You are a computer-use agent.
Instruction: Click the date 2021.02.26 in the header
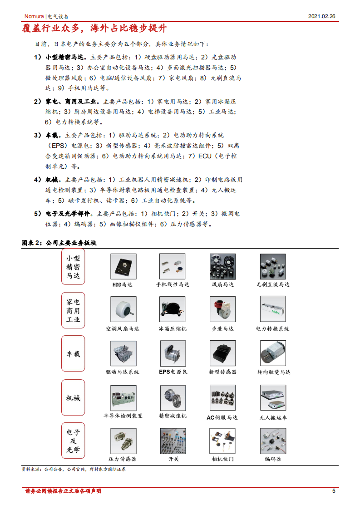pos(321,16)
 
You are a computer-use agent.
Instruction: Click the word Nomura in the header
pos(34,16)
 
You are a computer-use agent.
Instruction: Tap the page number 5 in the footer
pos(334,491)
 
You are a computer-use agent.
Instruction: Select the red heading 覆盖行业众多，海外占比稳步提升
pos(95,29)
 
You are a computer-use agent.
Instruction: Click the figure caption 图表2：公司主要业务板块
pos(59,243)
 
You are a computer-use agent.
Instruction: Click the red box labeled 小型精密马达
pos(73,266)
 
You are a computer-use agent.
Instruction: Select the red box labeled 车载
pos(73,354)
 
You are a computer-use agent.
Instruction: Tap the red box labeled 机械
pos(73,397)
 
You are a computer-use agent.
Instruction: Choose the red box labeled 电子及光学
pos(73,441)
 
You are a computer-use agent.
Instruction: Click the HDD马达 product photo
pos(123,266)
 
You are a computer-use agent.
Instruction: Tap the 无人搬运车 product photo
pos(273,397)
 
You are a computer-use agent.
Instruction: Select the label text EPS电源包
pos(173,372)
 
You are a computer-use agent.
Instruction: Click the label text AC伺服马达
pos(222,417)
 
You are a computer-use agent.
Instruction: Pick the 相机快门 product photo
pos(222,441)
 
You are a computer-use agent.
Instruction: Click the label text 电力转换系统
pos(272,328)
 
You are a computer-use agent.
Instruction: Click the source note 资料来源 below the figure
pos(74,470)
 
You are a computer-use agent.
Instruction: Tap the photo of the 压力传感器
pos(123,441)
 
